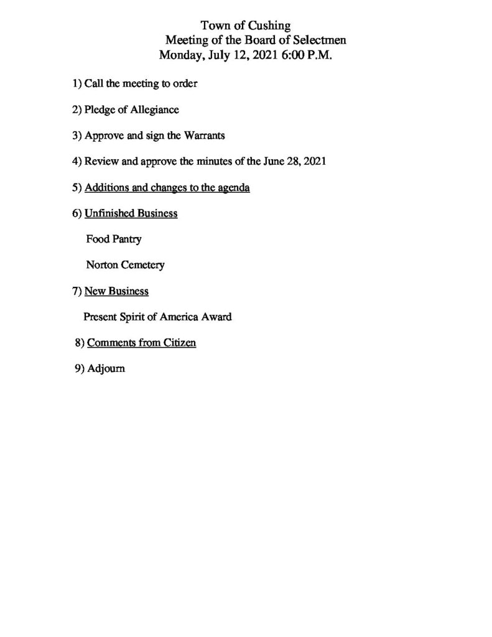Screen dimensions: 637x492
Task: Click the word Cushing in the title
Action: [269, 26]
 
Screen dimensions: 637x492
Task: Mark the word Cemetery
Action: [142, 265]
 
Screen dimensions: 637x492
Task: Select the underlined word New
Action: [94, 291]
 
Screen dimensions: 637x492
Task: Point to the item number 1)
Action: [77, 83]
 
